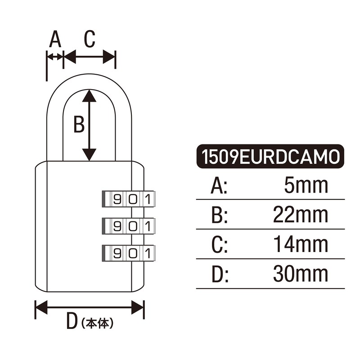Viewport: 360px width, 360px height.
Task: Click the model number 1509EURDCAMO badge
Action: tap(270, 157)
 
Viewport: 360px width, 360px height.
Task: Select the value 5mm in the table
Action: tap(306, 185)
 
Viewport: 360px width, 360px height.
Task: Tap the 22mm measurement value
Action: tap(301, 215)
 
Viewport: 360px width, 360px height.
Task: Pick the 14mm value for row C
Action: tap(301, 244)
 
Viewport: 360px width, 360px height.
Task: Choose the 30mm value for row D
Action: tap(301, 274)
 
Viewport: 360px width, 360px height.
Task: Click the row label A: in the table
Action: tap(219, 185)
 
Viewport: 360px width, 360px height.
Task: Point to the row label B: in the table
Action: tap(219, 215)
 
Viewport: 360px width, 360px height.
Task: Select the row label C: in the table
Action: tap(219, 244)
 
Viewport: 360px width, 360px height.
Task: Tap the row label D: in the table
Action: tap(219, 274)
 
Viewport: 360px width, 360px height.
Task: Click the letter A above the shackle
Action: tap(55, 40)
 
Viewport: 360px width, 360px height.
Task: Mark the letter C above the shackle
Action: tap(90, 40)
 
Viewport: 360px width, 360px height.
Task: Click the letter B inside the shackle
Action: tap(79, 125)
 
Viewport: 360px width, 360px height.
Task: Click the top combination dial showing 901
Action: tap(129, 198)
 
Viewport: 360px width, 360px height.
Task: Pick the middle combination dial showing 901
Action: tap(129, 225)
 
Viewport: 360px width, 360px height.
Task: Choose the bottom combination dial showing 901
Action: tap(129, 252)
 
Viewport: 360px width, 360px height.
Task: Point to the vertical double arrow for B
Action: tap(90, 125)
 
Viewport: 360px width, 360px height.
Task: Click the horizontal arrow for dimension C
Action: tap(90, 57)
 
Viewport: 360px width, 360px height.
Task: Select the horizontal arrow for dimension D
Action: tap(90, 308)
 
